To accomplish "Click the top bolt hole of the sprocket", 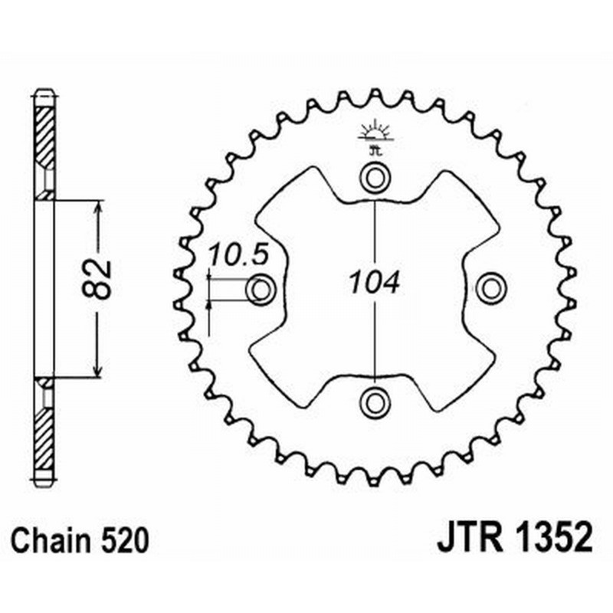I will [375, 179].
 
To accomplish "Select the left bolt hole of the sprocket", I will [261, 290].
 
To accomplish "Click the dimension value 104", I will [374, 284].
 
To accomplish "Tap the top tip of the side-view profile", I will [45, 93].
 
